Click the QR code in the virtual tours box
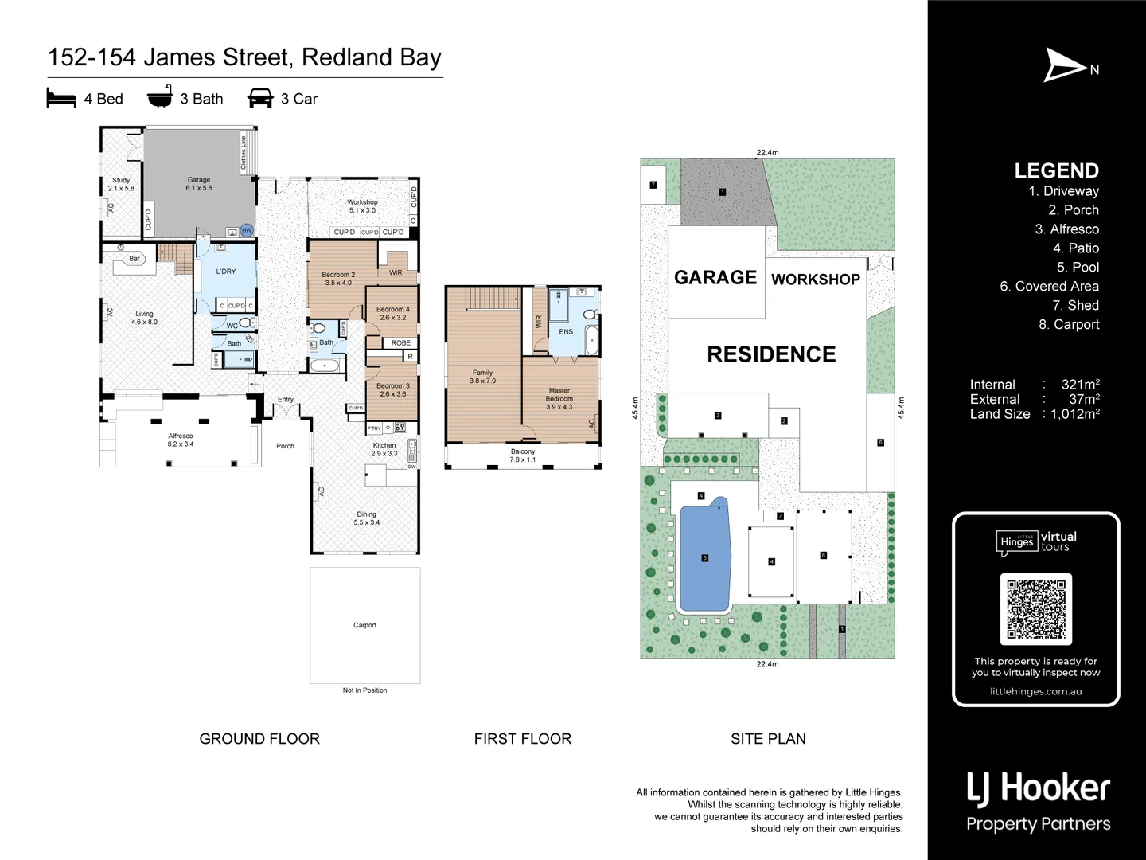[1035, 609]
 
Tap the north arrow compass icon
[1065, 65]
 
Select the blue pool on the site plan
[704, 557]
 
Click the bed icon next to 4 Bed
[61, 99]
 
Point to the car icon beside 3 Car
[260, 99]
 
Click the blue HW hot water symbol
[247, 231]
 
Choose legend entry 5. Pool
[1078, 268]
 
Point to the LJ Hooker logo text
[1038, 788]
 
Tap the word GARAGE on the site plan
[715, 277]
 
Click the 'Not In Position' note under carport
[364, 690]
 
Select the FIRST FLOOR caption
[522, 739]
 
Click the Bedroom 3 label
[392, 389]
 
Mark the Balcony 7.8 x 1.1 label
[523, 455]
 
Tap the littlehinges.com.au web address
[1035, 691]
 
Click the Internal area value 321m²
[1080, 385]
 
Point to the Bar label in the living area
[134, 259]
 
